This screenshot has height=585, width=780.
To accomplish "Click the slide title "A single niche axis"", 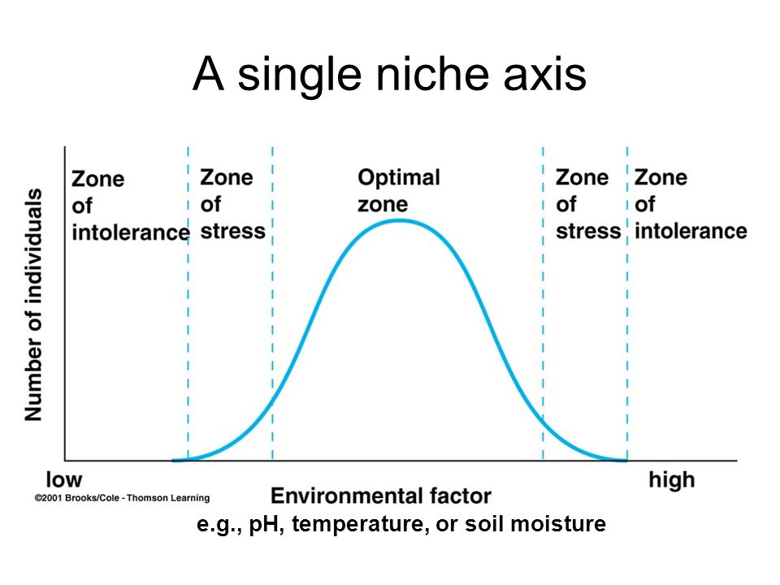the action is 389,75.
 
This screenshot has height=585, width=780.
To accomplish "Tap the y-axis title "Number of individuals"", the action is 33,305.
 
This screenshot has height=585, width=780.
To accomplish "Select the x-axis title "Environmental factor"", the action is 381,496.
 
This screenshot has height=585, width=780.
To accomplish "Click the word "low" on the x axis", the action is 64,479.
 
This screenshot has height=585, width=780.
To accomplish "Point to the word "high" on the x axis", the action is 672,480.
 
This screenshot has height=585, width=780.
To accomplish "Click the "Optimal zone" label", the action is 399,190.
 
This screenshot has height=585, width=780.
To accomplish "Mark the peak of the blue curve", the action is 401,220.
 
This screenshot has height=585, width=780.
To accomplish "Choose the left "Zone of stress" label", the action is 233,204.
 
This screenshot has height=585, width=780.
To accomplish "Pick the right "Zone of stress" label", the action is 588,204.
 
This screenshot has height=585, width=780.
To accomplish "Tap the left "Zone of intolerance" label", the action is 130,206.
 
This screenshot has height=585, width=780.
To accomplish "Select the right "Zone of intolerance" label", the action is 691,204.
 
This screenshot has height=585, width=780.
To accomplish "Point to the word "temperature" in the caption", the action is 360,524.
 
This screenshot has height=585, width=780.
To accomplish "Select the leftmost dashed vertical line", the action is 188,303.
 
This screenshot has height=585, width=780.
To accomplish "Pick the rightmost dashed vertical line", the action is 627,303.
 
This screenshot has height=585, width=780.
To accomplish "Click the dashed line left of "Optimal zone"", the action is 273,303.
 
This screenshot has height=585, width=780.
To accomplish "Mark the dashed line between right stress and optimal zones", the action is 543,303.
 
